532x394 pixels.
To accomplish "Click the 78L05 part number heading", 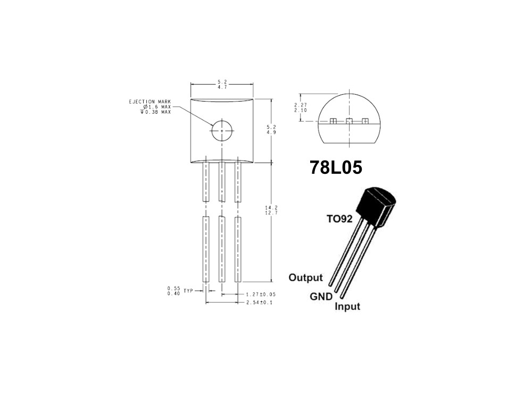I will click(x=336, y=167).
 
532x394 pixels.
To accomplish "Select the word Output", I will click(x=305, y=278).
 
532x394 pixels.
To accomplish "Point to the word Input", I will click(x=347, y=306).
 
